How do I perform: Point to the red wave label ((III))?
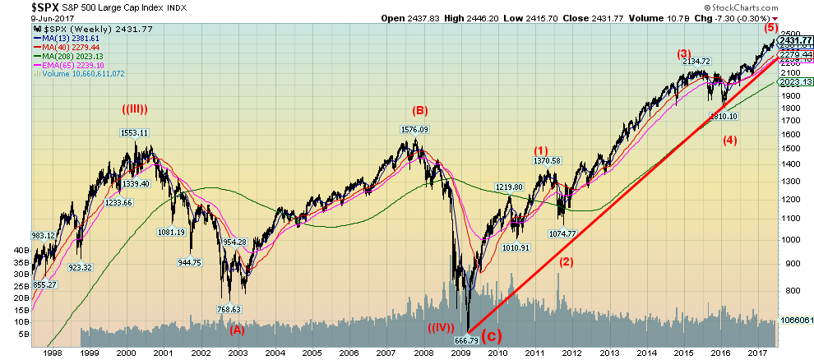[x=136, y=111]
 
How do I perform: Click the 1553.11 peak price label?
[x=132, y=132]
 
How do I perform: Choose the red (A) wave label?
[x=237, y=330]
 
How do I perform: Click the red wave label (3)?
[x=683, y=54]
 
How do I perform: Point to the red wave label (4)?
[x=729, y=139]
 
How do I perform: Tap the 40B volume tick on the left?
[x=16, y=249]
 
